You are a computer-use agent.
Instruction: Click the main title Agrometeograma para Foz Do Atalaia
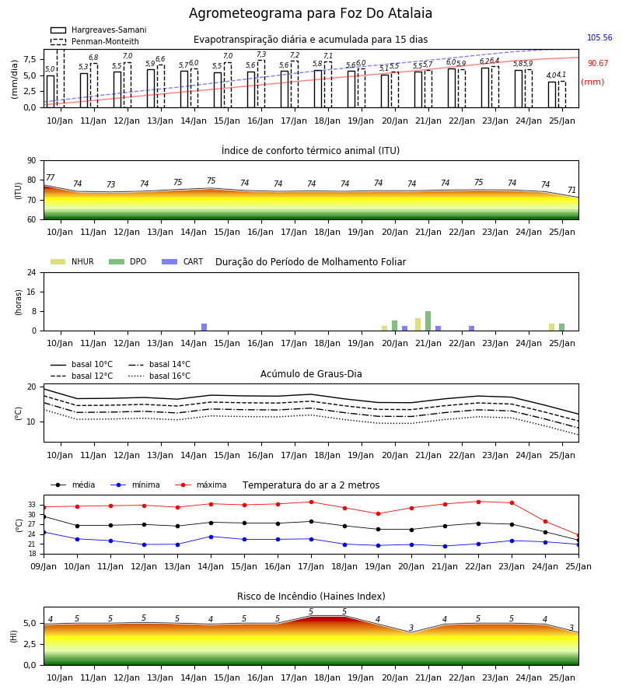(310, 13)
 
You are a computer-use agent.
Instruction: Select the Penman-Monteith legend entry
(95, 41)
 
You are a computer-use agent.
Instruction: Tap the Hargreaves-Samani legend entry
(98, 30)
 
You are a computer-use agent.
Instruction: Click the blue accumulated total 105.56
(599, 37)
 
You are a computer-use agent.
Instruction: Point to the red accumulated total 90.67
(597, 64)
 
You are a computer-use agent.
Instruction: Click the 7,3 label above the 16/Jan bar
(261, 54)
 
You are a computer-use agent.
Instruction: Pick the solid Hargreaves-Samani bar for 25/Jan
(552, 95)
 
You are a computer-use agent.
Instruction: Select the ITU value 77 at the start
(51, 177)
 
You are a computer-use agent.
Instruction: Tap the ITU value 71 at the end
(571, 191)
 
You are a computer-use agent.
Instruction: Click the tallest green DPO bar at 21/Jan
(428, 321)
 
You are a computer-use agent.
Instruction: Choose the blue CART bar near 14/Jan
(204, 327)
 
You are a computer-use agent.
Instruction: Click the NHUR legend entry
(72, 261)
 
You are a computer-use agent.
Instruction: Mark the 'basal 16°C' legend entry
(159, 376)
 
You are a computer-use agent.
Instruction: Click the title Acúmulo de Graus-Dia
(311, 374)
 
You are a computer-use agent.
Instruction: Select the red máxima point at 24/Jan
(545, 521)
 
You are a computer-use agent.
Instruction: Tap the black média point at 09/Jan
(44, 516)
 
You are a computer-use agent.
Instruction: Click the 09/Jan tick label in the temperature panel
(44, 566)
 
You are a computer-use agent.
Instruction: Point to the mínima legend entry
(135, 485)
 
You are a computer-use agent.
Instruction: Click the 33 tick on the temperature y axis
(32, 505)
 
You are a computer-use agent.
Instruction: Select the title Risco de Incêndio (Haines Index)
(311, 597)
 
